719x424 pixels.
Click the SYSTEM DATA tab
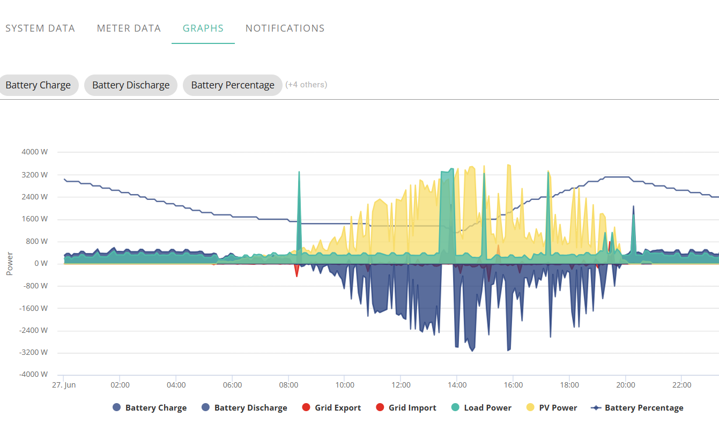(x=40, y=28)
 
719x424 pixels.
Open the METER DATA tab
(x=129, y=28)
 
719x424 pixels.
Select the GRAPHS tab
(x=203, y=28)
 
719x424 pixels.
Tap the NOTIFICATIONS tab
(x=285, y=28)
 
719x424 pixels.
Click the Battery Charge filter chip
(x=38, y=85)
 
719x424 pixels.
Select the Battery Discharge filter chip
(x=131, y=85)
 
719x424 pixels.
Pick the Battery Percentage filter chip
(x=233, y=85)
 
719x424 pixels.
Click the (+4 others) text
(x=306, y=85)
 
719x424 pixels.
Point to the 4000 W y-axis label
(x=35, y=152)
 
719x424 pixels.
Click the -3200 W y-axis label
(x=33, y=352)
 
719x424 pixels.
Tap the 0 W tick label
(x=41, y=264)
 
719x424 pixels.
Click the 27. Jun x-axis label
(x=64, y=385)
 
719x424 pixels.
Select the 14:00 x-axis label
(x=457, y=385)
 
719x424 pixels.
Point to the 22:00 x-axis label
(x=682, y=385)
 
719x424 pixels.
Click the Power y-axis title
(x=10, y=264)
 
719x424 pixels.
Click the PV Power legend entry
(x=552, y=407)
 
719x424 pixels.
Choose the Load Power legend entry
(x=481, y=407)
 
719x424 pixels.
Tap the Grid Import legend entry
(x=406, y=407)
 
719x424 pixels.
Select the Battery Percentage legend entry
(x=637, y=407)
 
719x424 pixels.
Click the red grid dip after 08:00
(x=297, y=270)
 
